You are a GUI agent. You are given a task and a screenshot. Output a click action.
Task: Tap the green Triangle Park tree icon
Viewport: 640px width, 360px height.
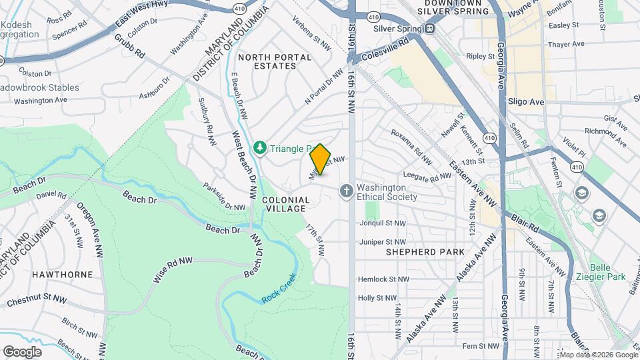tap(259, 147)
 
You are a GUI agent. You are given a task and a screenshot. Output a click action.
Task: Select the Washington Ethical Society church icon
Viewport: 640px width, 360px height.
tap(346, 191)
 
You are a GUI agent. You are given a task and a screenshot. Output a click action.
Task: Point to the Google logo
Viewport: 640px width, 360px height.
tap(22, 351)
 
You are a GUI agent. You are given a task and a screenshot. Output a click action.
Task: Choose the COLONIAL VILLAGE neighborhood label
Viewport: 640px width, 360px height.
tap(286, 204)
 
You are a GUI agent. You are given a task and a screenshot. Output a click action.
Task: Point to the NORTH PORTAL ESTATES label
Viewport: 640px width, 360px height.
tap(275, 61)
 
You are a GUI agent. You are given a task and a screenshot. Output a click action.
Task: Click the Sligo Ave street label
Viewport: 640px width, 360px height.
tap(528, 101)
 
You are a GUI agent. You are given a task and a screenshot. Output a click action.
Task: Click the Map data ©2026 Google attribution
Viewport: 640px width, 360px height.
tap(598, 355)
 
